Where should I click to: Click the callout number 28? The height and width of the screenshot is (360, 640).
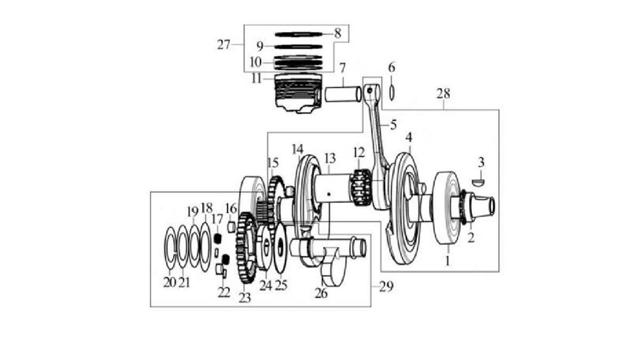(x=443, y=94)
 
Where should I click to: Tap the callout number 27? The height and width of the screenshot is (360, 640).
(x=223, y=45)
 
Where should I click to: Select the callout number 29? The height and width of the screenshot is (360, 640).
(x=386, y=286)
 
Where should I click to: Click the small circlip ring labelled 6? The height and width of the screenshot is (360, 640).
(x=392, y=93)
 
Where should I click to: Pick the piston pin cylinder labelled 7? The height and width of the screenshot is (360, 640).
(x=343, y=94)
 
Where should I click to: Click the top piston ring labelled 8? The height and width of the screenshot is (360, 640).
(x=299, y=34)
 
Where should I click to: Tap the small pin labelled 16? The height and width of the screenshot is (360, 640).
(x=231, y=227)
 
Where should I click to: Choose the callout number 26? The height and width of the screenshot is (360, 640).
(x=321, y=294)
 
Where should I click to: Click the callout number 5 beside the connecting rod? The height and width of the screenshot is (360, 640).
(x=394, y=125)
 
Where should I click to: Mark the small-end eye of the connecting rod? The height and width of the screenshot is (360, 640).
(x=372, y=91)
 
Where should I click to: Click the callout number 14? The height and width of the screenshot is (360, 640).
(x=298, y=149)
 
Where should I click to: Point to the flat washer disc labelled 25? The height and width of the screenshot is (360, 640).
(x=280, y=248)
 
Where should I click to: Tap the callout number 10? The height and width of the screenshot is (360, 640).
(x=255, y=62)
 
